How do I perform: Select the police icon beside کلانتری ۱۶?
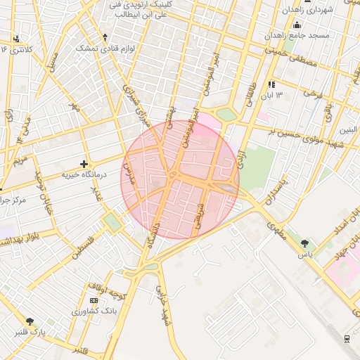16,39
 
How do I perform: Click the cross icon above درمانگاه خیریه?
84,164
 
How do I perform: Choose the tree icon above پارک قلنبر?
29,321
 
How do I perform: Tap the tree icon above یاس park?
304,244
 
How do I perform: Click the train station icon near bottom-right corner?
347,338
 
